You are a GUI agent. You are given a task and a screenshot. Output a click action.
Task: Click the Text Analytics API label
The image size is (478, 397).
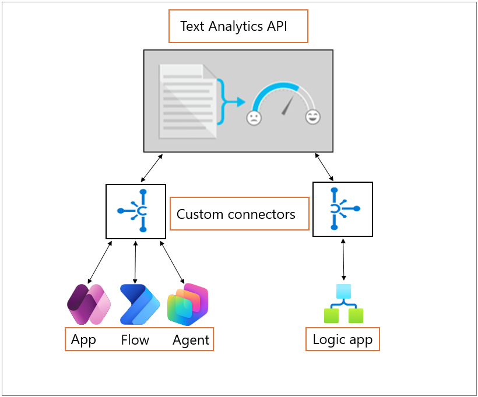point(234,27)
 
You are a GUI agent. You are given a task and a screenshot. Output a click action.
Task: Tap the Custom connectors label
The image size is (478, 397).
point(236,214)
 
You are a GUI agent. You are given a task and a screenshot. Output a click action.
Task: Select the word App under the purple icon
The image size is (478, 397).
point(83,340)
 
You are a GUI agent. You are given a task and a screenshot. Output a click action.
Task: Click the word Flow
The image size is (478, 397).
point(135,340)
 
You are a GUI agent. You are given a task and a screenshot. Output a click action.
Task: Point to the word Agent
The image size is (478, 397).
point(191,341)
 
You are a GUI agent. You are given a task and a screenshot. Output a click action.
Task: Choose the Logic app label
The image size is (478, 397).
point(343,340)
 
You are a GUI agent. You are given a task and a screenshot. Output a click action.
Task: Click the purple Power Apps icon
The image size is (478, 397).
point(89,304)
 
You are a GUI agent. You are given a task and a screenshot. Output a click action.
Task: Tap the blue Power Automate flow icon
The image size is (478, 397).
point(140,304)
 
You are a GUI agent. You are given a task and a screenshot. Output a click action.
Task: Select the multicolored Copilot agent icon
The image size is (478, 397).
point(188,304)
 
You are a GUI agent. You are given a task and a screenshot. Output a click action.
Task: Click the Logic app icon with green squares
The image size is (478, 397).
point(343,303)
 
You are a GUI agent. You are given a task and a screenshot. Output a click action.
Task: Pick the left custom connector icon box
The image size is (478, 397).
point(136,211)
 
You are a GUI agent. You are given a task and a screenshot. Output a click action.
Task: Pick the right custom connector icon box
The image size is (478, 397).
point(343,209)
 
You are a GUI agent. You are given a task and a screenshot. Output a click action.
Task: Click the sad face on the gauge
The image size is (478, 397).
point(254,118)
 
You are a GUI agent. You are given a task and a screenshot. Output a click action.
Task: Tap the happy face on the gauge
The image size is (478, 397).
point(313,116)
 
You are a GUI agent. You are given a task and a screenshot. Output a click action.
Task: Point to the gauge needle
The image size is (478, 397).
point(287,106)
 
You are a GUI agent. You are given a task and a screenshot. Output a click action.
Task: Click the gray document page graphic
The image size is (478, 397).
point(187,101)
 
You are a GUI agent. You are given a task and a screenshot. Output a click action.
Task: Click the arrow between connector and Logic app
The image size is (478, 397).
point(343,260)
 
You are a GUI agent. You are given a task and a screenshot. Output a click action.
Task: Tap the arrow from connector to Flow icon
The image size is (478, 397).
point(135,262)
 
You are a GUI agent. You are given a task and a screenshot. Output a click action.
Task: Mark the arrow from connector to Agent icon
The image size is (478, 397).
point(172,262)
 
